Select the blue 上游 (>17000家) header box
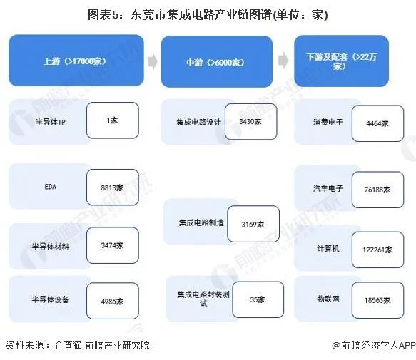coord(76,61)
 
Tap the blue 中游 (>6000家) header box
coord(217,62)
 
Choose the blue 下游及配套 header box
coord(342,61)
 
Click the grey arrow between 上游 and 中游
coord(152,61)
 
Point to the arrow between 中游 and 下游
coord(283,60)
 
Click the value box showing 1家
coord(113,120)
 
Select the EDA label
coord(51,187)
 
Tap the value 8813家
coord(112,187)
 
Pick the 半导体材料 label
coord(50,246)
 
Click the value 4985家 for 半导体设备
coord(112,301)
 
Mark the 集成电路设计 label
coord(198,122)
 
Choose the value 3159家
coord(253,225)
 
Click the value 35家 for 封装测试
coord(258,299)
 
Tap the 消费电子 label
coord(328,122)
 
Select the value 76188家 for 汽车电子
coord(377,190)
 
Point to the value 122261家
coord(377,250)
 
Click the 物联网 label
coord(328,299)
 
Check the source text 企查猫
coord(68,345)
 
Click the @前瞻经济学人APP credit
coord(374,345)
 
